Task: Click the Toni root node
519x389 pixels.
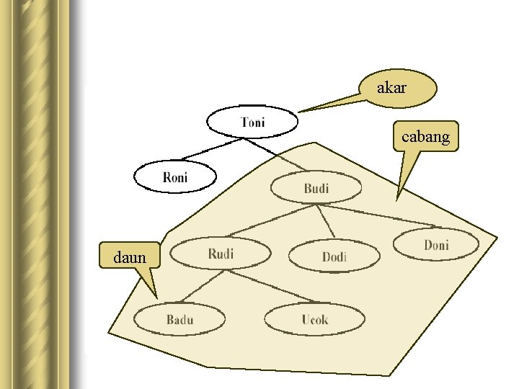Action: pos(252,122)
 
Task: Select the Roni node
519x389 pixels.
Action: pos(175,176)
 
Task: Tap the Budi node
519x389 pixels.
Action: pos(315,188)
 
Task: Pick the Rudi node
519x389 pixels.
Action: pos(221,253)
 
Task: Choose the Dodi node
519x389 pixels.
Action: pos(334,256)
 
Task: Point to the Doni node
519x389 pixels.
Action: pos(435,245)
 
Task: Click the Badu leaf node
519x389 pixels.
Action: pos(179,319)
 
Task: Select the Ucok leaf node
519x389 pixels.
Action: pos(314,319)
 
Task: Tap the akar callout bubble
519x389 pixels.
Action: pos(397,89)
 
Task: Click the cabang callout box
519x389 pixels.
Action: pos(425,135)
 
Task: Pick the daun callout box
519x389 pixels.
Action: pos(130,256)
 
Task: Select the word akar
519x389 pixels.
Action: pos(391,89)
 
